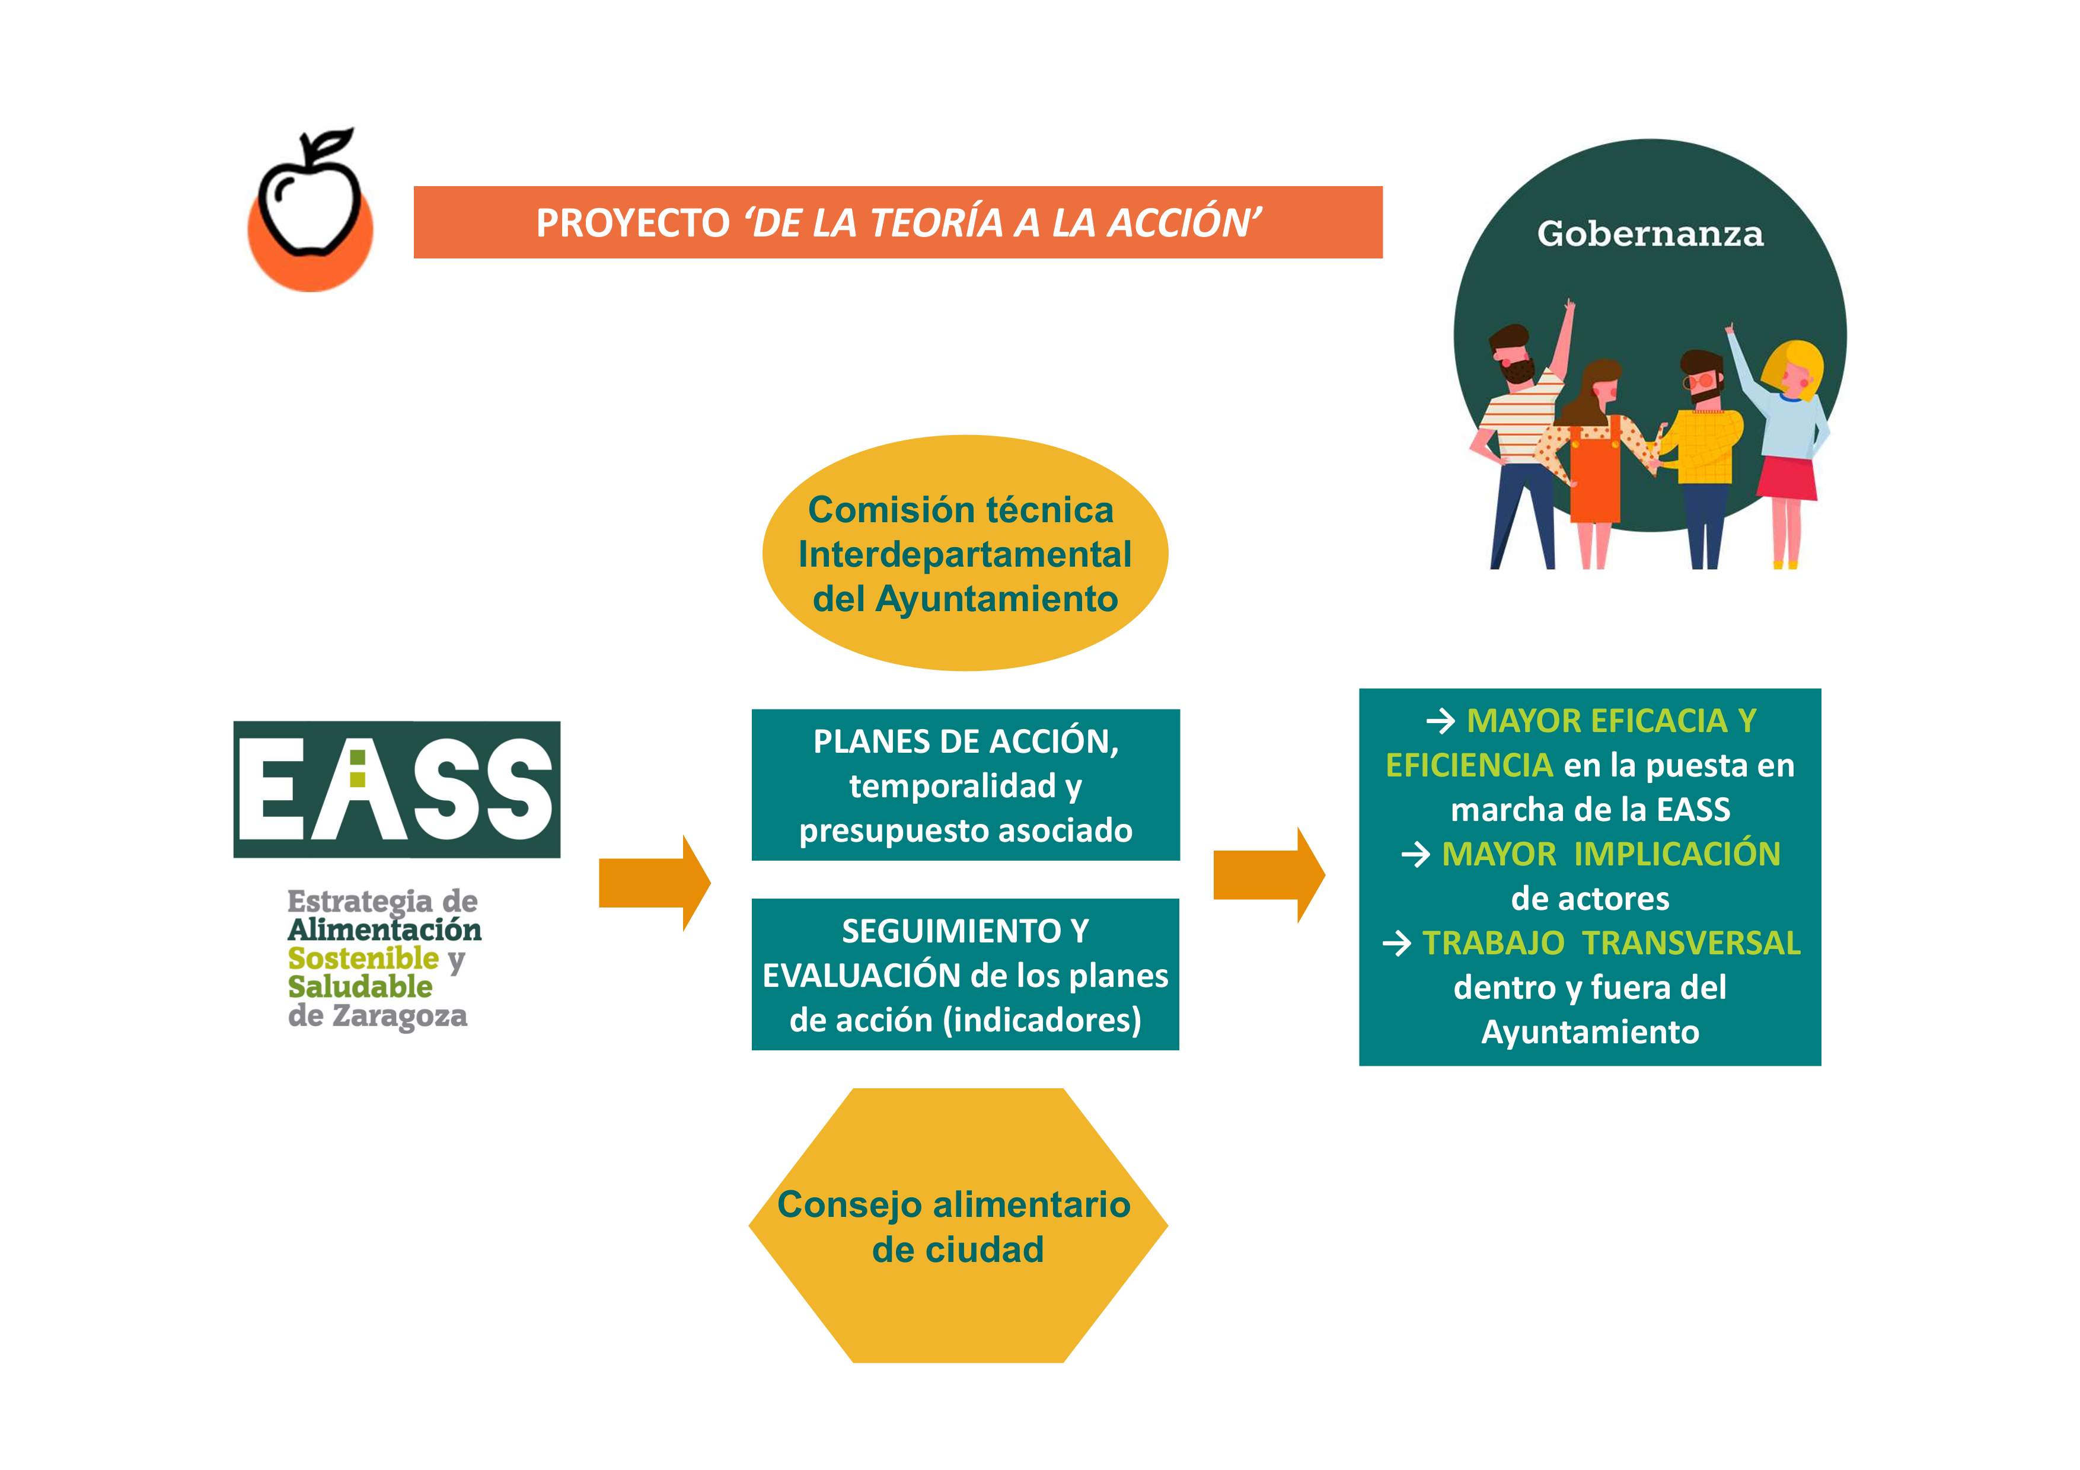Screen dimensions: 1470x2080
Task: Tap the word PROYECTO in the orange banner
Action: (632, 223)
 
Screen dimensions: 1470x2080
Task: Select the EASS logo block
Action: (397, 789)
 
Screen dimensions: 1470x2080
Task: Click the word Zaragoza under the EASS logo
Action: (400, 1016)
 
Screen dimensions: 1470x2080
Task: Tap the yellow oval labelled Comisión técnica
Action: (965, 554)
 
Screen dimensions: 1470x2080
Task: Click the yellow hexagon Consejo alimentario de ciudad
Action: (958, 1225)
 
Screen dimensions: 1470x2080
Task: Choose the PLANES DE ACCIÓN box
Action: (966, 785)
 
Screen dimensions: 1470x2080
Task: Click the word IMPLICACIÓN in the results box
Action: (1677, 854)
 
